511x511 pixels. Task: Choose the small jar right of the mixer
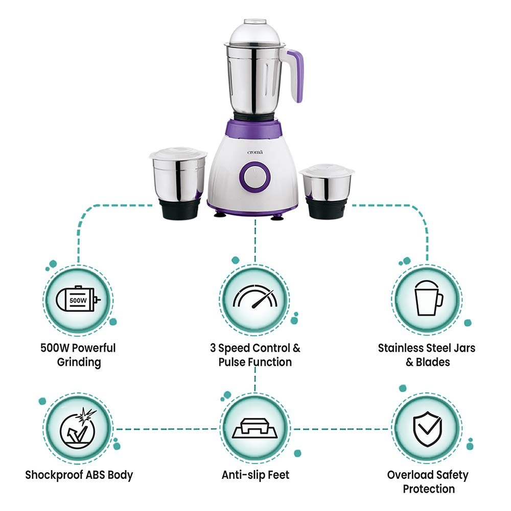[326, 192]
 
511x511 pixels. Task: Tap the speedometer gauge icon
[254, 298]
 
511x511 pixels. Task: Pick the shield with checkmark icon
[428, 428]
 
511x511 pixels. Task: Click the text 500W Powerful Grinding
[78, 355]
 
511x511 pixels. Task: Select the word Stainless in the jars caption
[401, 348]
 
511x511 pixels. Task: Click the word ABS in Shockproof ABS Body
[98, 475]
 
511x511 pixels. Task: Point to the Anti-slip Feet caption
[255, 475]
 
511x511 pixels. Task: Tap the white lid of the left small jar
[178, 154]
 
